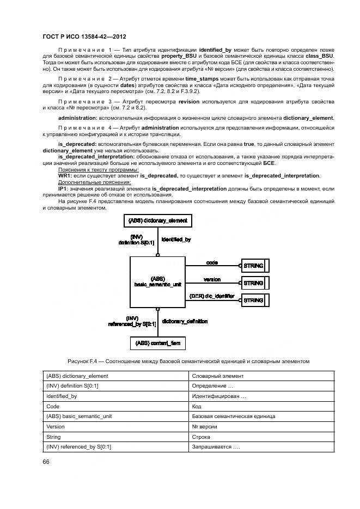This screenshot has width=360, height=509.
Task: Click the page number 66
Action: click(46, 462)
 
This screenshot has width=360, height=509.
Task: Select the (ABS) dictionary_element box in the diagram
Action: click(157, 220)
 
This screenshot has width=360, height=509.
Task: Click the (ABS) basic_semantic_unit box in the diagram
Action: click(157, 281)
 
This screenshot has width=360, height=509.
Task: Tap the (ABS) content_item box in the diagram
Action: click(157, 343)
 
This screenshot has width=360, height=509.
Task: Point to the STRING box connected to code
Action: click(253, 266)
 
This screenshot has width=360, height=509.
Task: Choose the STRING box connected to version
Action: click(253, 283)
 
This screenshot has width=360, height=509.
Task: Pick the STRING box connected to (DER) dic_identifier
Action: click(253, 300)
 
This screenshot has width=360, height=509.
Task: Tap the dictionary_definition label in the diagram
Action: click(185, 321)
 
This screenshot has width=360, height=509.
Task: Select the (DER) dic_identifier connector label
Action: click(211, 296)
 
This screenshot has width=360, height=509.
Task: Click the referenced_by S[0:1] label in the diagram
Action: click(132, 324)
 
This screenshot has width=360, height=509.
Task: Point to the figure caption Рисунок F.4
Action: click(188, 361)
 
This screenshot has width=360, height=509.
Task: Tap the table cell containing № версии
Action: click(205, 427)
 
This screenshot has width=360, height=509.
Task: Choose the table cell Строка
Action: click(202, 437)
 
